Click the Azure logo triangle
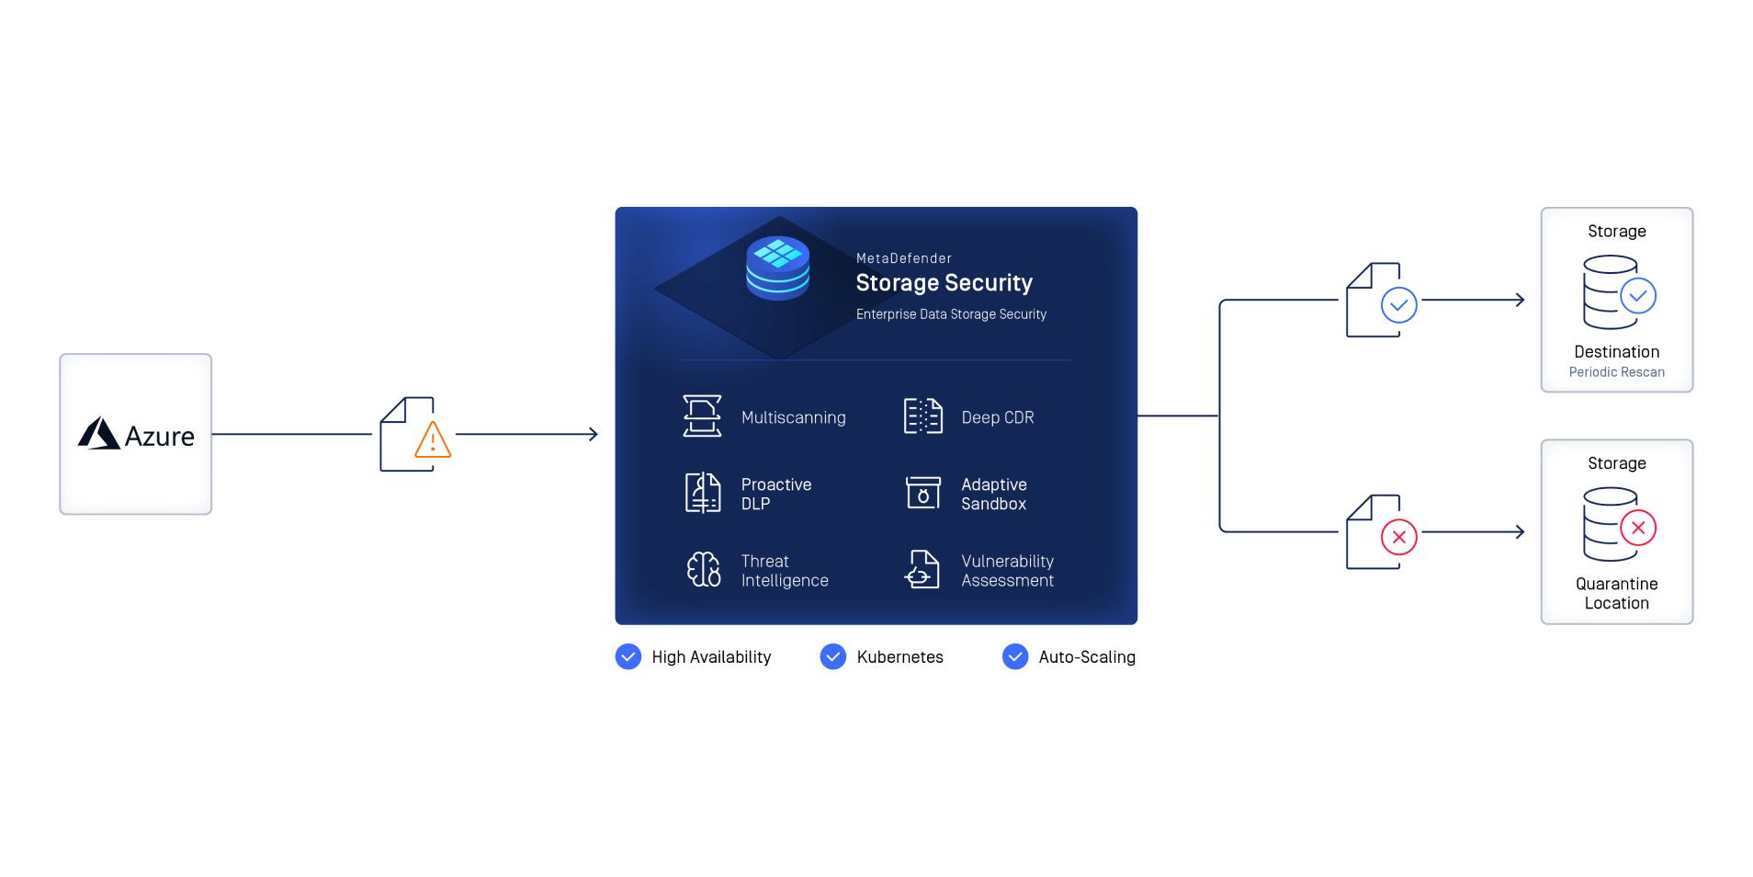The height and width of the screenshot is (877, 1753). point(99,433)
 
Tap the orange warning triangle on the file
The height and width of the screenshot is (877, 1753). point(433,440)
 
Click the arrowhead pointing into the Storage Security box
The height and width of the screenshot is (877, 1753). point(594,434)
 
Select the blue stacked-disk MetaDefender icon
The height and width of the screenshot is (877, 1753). point(777,268)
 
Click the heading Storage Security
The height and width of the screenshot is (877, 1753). point(944,283)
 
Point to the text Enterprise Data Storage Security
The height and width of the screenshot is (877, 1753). point(951,314)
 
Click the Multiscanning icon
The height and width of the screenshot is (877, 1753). point(702,416)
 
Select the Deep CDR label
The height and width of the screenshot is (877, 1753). point(997,417)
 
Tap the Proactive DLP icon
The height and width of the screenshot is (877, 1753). point(703,493)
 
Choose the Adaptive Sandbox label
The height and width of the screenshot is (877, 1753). point(993,494)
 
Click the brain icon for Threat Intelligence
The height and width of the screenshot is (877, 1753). point(704,569)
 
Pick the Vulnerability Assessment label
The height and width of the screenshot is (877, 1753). point(1007,571)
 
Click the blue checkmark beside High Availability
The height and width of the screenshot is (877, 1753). point(628,656)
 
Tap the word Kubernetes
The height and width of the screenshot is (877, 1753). point(899,657)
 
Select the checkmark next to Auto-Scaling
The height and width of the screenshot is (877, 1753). point(1015,656)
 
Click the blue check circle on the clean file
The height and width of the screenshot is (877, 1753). point(1398,304)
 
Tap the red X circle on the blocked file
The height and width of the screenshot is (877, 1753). point(1398,537)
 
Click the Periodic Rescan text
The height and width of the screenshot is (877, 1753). point(1616,372)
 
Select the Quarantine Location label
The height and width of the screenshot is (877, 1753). point(1616,593)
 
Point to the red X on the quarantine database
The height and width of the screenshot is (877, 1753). point(1637,528)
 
